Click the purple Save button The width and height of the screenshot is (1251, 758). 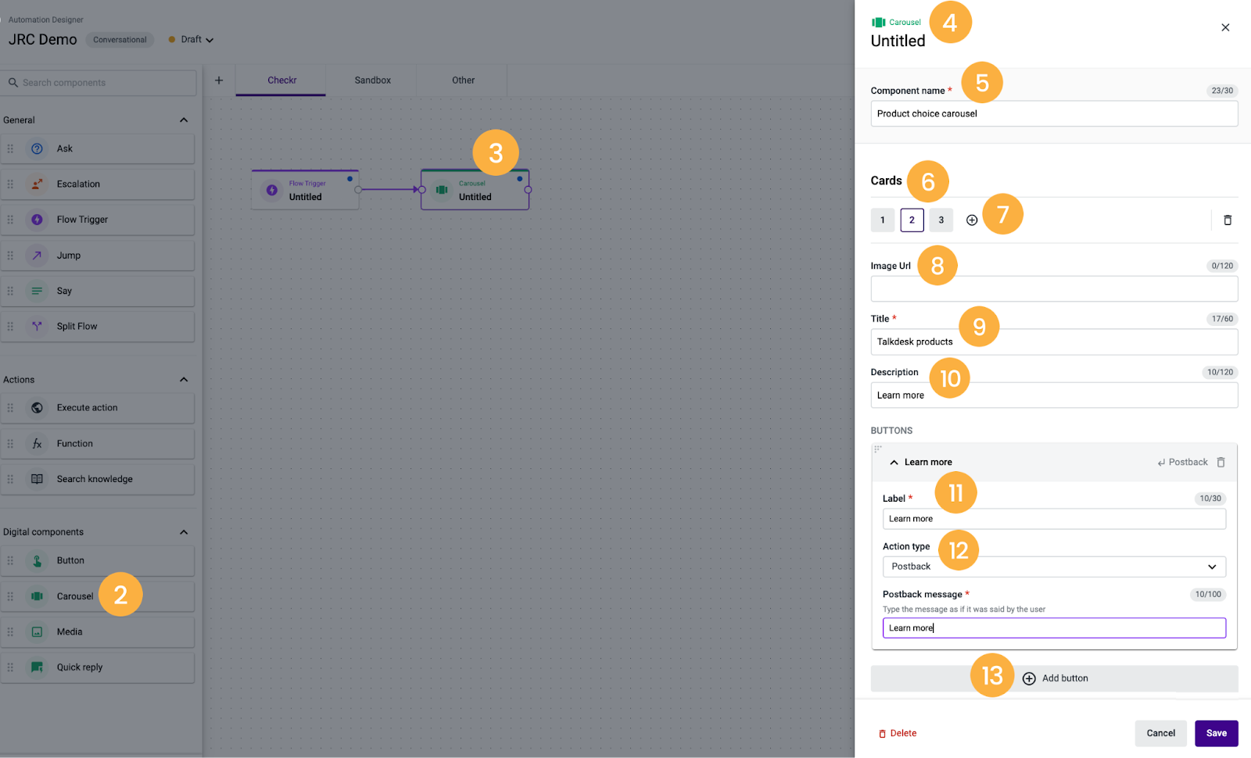coord(1216,733)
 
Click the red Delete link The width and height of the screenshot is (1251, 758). coord(898,733)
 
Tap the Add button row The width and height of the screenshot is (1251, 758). coord(1054,678)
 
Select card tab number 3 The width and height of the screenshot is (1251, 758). coord(941,220)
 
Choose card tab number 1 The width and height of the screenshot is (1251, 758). coord(883,220)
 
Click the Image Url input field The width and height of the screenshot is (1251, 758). coord(1054,289)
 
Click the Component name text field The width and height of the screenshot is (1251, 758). coord(1054,114)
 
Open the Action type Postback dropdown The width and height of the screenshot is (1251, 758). coord(1054,567)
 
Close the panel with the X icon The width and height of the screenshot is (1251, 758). coord(1225,27)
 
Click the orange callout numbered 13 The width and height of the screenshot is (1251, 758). coord(992,675)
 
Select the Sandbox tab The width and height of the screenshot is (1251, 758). coord(372,80)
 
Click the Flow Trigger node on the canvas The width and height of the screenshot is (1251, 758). coord(305,190)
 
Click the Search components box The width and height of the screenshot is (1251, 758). coord(99,83)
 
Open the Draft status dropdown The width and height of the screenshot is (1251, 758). coord(191,40)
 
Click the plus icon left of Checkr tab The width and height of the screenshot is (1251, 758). coord(219,80)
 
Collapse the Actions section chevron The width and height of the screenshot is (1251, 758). coord(184,380)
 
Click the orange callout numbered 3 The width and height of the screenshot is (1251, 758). coord(496,153)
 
